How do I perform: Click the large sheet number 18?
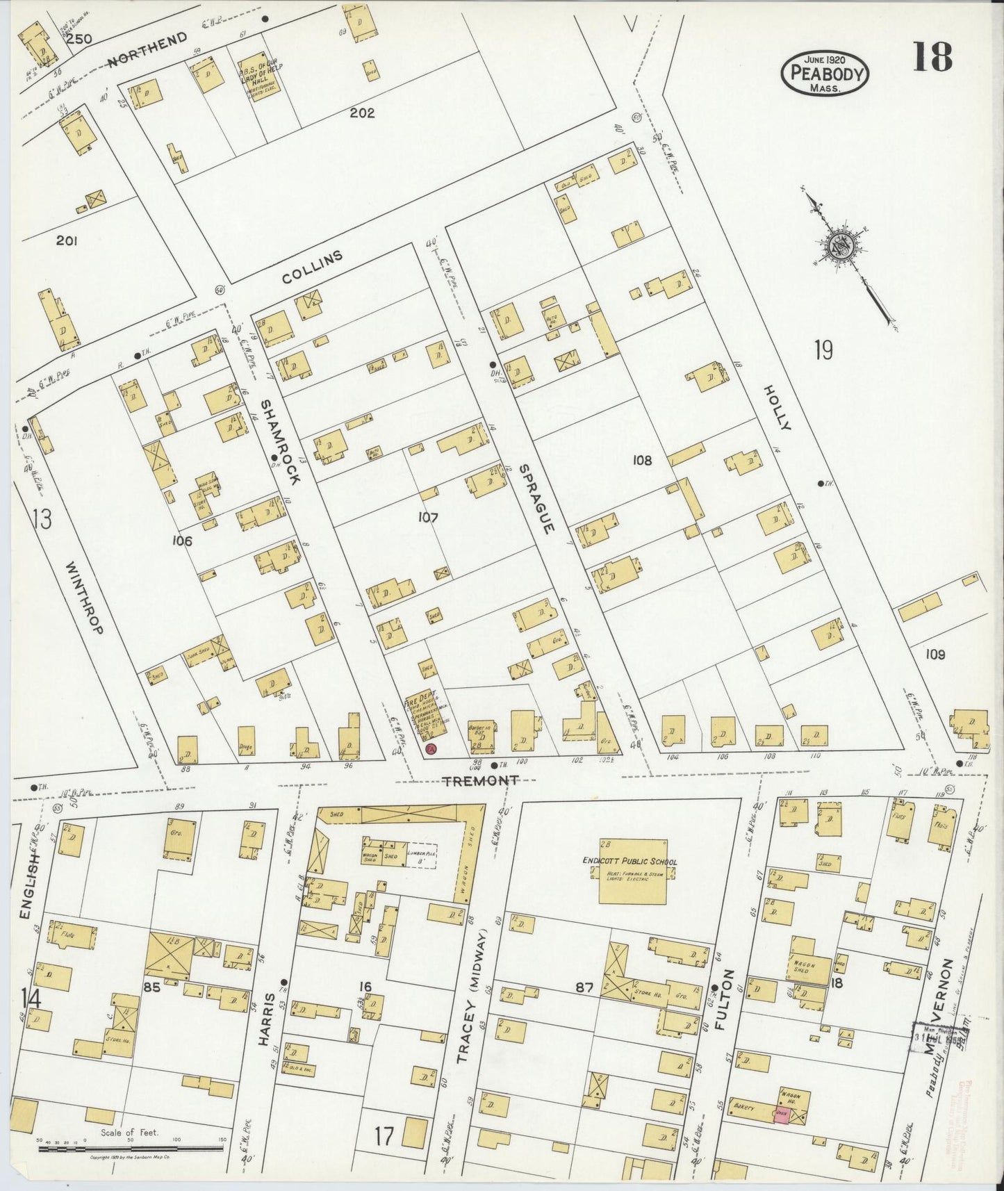click(932, 56)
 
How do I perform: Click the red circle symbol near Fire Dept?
click(431, 749)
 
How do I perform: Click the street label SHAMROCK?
click(280, 442)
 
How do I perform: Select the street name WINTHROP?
click(85, 598)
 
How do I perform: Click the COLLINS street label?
click(313, 268)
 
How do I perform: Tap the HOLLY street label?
click(776, 407)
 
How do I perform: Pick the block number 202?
click(362, 113)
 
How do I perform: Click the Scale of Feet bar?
click(130, 1150)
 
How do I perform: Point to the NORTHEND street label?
click(147, 51)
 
